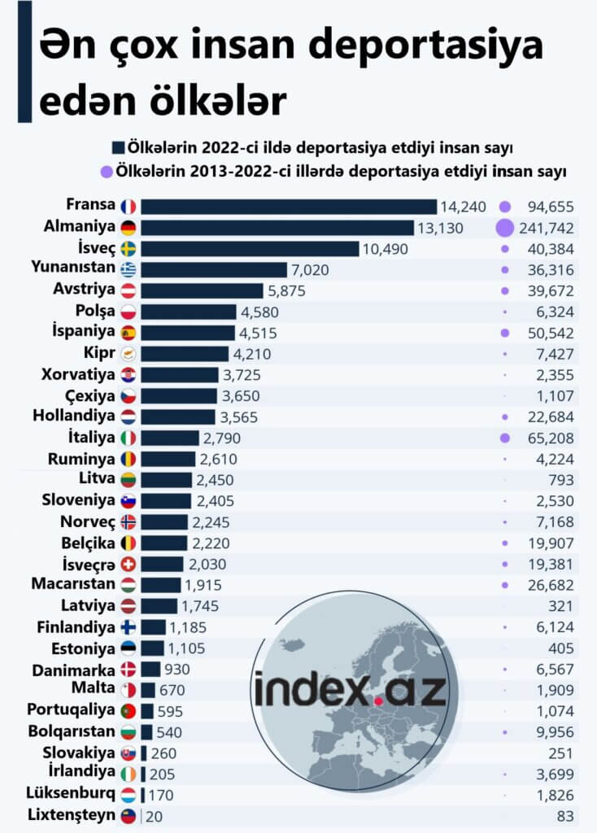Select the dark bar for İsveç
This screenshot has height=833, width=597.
point(250,248)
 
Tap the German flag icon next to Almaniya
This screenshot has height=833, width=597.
point(128,228)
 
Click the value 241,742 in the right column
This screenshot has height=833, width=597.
point(547,229)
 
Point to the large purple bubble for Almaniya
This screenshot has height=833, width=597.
point(504,229)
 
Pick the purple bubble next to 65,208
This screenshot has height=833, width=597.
point(504,438)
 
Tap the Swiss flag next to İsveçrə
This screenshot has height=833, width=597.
point(128,564)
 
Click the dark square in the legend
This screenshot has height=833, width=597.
point(118,148)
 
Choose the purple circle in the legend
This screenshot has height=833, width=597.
point(106,172)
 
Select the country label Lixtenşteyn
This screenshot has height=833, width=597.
point(71,815)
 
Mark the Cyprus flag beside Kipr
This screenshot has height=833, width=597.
point(128,354)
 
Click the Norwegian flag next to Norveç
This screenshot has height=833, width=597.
point(128,521)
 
